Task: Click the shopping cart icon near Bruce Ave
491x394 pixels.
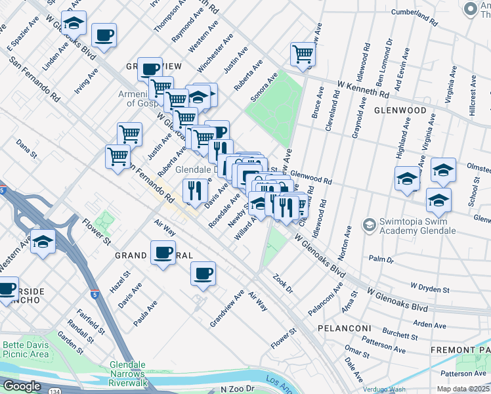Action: pyautogui.click(x=303, y=54)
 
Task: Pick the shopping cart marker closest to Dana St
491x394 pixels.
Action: pyautogui.click(x=117, y=156)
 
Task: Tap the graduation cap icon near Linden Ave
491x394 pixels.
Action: pyautogui.click(x=74, y=23)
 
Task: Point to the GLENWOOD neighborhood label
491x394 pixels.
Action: pyautogui.click(x=400, y=111)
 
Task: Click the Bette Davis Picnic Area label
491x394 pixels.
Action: pyautogui.click(x=26, y=349)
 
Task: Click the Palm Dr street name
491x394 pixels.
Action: pyautogui.click(x=380, y=259)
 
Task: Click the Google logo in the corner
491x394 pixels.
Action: pyautogui.click(x=22, y=386)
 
